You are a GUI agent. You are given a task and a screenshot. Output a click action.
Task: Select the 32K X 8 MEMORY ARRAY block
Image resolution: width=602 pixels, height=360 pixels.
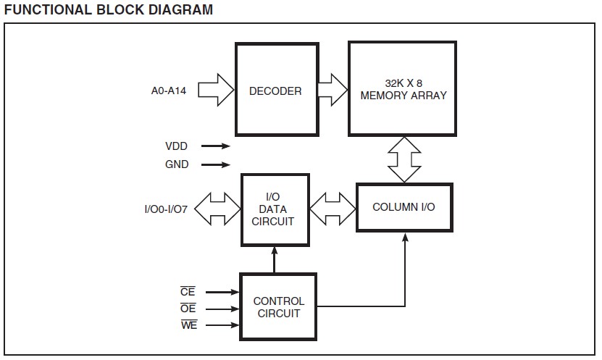(x=402, y=89)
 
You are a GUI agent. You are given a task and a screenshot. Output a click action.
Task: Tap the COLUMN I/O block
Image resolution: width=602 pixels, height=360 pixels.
(x=404, y=207)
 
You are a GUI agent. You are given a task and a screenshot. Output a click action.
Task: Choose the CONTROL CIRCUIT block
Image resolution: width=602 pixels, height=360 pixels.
(x=279, y=307)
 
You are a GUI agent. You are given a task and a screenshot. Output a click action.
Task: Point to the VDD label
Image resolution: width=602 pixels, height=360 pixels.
(x=177, y=146)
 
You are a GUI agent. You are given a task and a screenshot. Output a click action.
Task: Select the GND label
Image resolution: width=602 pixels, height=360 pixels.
(x=177, y=164)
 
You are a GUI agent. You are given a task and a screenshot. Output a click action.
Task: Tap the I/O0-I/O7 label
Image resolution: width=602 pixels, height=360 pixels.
(x=167, y=210)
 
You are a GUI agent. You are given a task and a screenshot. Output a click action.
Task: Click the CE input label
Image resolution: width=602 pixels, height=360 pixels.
(x=188, y=292)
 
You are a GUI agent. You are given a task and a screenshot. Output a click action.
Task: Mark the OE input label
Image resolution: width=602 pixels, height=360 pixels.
(x=188, y=308)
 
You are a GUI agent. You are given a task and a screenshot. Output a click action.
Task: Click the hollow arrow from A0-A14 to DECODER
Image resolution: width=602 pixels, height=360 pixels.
(x=217, y=91)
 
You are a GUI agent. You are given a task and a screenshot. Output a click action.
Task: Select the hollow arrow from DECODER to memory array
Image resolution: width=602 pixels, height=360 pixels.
(x=333, y=90)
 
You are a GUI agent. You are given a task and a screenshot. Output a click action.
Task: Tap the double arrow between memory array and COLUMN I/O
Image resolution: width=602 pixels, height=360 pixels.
(x=404, y=159)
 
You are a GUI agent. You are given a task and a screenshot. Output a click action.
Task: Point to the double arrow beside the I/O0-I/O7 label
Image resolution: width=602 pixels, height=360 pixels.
(x=218, y=209)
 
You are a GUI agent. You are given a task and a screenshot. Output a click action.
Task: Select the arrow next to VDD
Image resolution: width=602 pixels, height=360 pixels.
(x=216, y=146)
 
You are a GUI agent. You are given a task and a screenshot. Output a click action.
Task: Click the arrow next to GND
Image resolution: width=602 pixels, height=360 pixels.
(x=216, y=164)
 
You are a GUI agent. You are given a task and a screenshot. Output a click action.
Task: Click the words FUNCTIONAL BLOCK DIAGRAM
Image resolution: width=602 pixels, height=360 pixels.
(x=109, y=9)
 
